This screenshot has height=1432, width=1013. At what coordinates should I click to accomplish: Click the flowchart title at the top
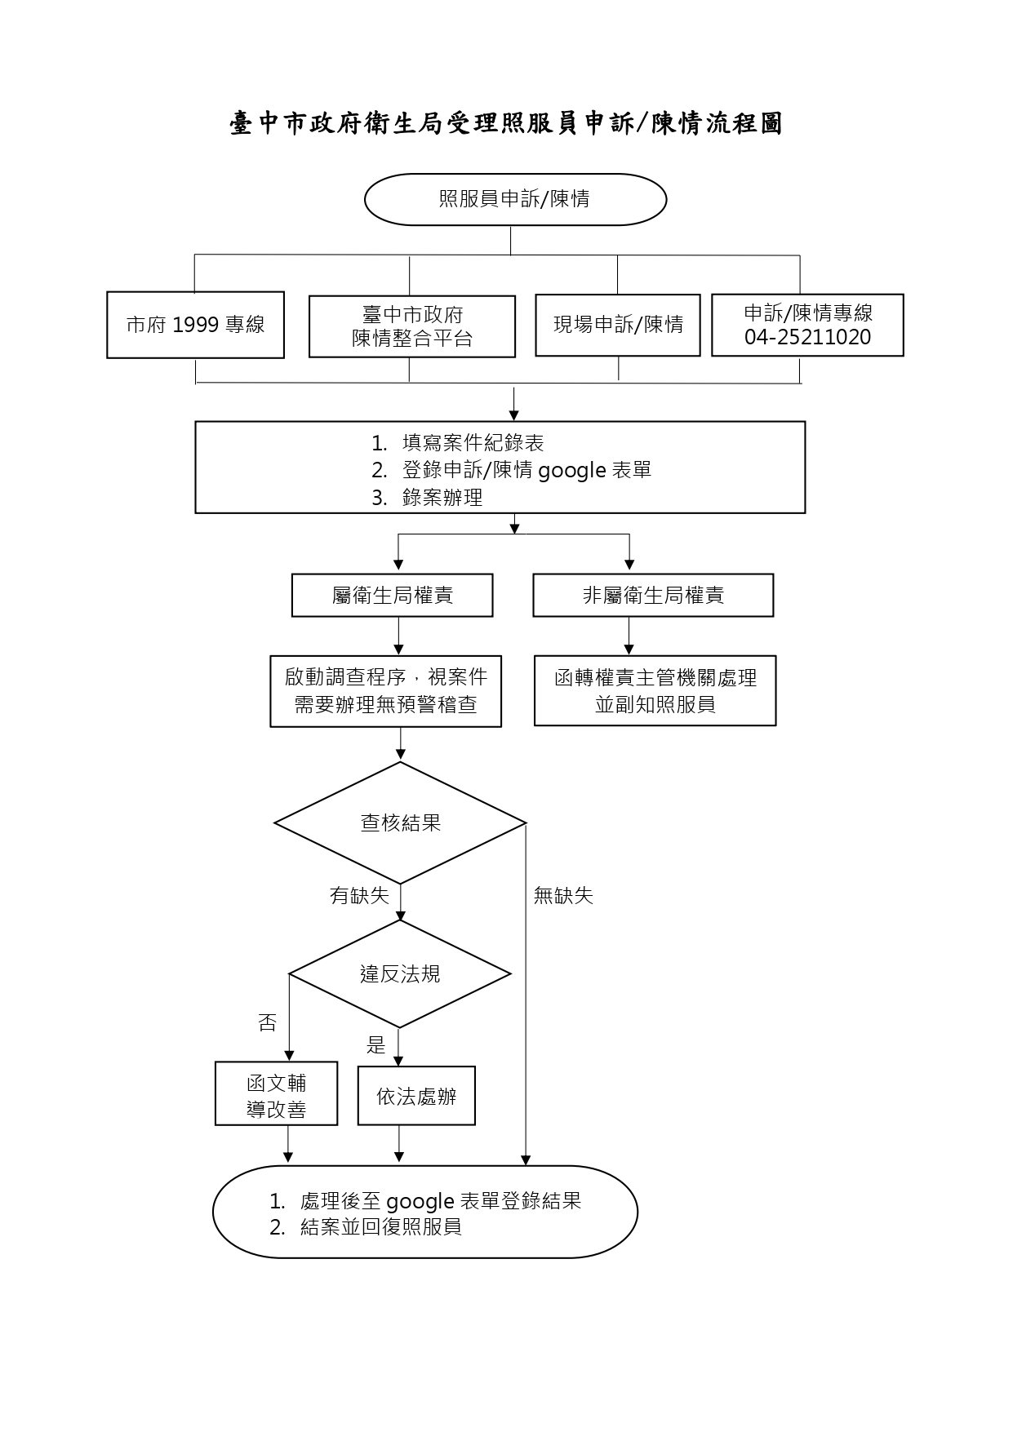[x=506, y=123]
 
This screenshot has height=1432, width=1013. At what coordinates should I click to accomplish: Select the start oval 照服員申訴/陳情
[x=515, y=199]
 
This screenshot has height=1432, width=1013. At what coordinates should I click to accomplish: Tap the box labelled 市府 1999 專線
[x=195, y=325]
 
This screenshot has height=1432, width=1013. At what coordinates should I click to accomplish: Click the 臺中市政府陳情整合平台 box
[x=412, y=326]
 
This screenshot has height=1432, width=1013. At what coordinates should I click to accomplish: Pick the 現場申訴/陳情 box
[x=618, y=325]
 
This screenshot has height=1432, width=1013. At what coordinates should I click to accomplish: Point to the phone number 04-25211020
[x=807, y=337]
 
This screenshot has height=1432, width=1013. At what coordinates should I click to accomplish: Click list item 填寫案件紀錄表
[x=473, y=443]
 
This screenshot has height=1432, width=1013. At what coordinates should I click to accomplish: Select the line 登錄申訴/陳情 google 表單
[x=526, y=470]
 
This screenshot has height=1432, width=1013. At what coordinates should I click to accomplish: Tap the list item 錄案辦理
[x=442, y=497]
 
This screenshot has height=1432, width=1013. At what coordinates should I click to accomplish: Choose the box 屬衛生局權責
[x=393, y=596]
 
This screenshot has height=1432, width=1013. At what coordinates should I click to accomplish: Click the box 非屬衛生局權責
[x=653, y=596]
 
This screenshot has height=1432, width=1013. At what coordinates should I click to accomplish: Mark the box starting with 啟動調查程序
[x=386, y=691]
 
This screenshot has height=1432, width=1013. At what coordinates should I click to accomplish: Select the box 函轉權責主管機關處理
[x=655, y=691]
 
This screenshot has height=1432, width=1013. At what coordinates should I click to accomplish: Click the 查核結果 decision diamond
[x=400, y=822]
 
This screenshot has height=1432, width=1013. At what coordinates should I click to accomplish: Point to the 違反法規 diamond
[x=400, y=973]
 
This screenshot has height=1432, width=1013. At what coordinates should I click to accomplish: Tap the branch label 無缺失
[x=563, y=895]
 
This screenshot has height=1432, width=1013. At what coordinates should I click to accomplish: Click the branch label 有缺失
[x=359, y=895]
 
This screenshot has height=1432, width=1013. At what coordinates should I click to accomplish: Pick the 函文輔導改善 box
[x=276, y=1094]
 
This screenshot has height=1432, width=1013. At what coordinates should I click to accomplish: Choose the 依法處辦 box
[x=416, y=1096]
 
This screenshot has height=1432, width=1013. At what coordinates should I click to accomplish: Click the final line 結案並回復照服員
[x=381, y=1226]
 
